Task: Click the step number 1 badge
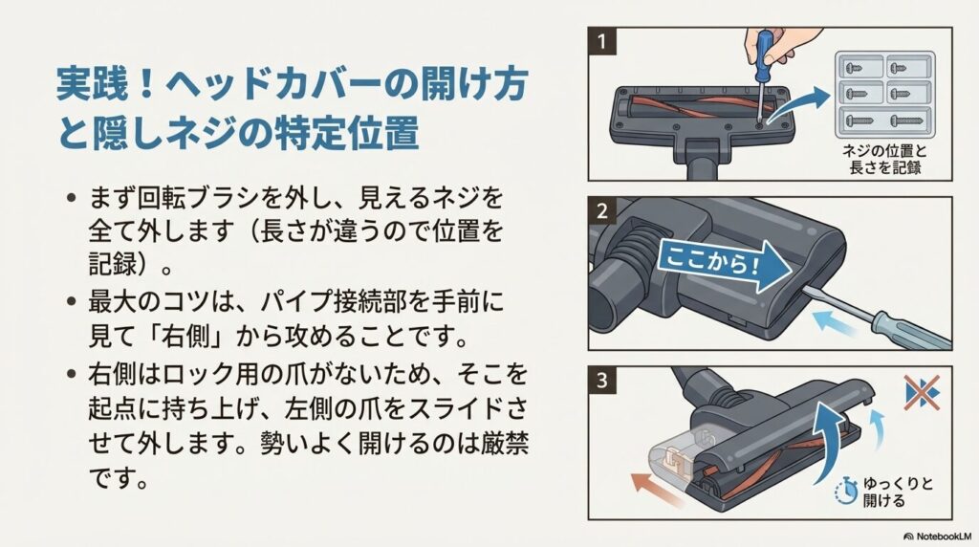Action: pyautogui.click(x=602, y=41)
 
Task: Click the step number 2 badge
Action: pyautogui.click(x=602, y=209)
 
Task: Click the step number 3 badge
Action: pyautogui.click(x=602, y=380)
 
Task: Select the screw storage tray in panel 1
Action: pyautogui.click(x=885, y=92)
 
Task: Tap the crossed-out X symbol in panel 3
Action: pyautogui.click(x=922, y=392)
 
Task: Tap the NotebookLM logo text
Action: pyautogui.click(x=937, y=536)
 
